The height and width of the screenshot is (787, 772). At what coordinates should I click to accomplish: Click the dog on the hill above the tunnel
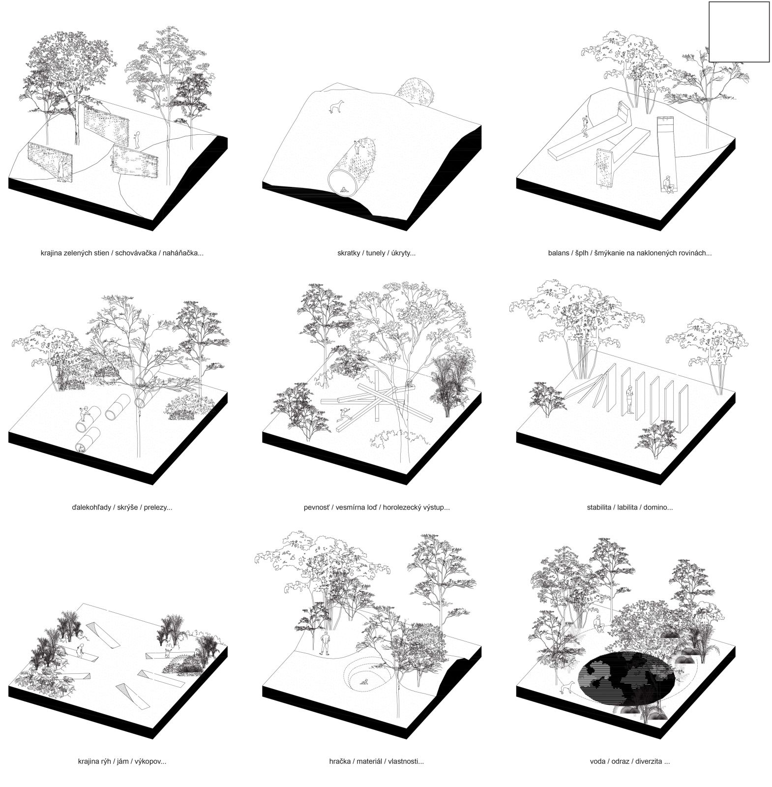[x=336, y=106]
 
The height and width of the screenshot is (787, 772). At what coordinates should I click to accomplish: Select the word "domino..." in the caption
[x=656, y=507]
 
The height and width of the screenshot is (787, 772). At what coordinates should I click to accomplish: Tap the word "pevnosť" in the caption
[x=317, y=507]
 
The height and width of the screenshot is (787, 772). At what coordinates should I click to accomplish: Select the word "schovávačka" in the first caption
[x=136, y=253]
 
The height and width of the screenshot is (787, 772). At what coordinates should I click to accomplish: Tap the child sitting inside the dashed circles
[x=365, y=681]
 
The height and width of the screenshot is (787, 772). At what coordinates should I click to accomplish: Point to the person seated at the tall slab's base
[x=667, y=184]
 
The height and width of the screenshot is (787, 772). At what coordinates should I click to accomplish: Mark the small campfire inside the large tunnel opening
[x=342, y=189]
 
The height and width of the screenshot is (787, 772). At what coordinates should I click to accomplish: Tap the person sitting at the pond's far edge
[x=598, y=624]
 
